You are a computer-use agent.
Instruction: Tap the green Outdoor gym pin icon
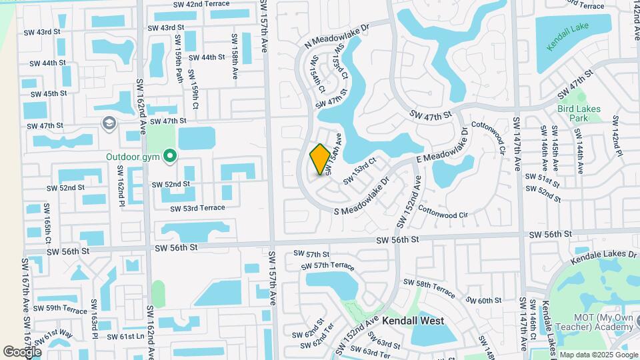[x=170, y=157]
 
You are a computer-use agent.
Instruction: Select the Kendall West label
[x=413, y=321]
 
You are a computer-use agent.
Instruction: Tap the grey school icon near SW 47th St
[x=108, y=123]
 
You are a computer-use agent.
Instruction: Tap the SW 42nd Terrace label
[x=183, y=5]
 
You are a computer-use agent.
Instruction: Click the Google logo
[x=22, y=351]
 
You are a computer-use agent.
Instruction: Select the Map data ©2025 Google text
[x=598, y=354]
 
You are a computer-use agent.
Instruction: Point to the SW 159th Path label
[x=179, y=65]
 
